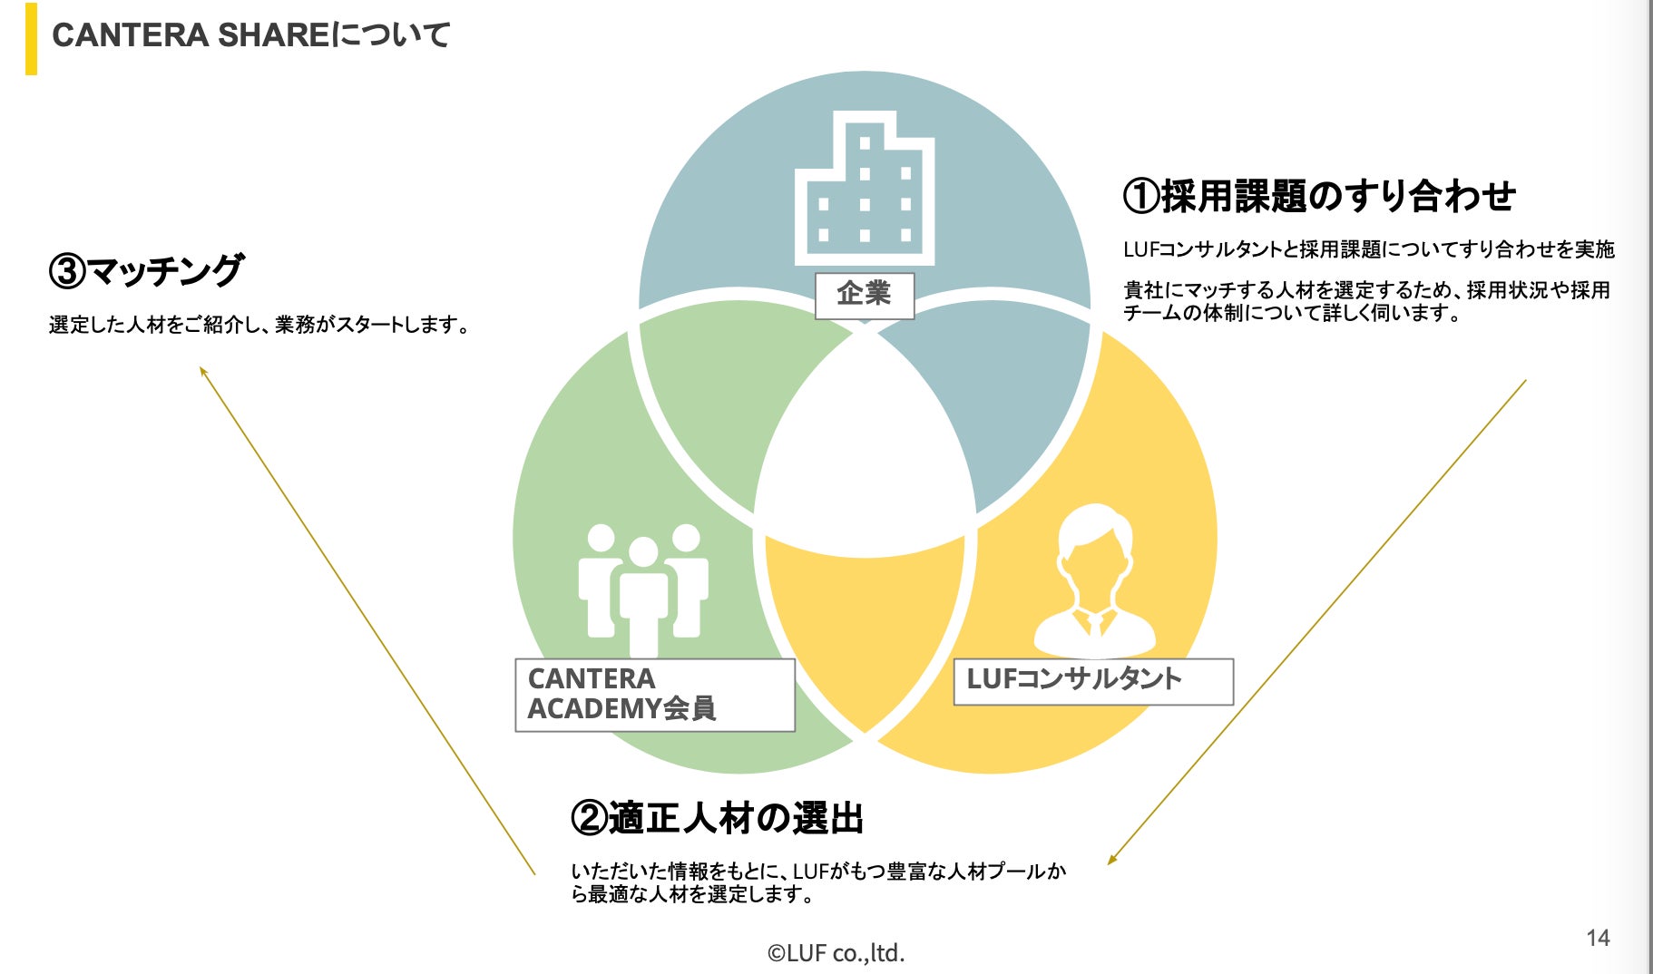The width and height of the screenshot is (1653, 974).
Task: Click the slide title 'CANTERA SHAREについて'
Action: pyautogui.click(x=250, y=35)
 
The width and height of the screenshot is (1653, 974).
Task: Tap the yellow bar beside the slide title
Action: pyautogui.click(x=31, y=39)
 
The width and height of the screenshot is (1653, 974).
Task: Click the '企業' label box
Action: pyautogui.click(x=864, y=295)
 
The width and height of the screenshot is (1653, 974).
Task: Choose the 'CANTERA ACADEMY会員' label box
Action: pyautogui.click(x=654, y=695)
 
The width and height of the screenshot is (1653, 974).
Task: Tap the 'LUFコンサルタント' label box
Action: pyautogui.click(x=1093, y=681)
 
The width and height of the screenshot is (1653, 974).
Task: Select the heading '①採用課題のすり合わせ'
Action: pyautogui.click(x=1319, y=196)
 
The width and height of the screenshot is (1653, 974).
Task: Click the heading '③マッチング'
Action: pyautogui.click(x=146, y=270)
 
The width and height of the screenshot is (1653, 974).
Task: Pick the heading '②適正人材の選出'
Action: pyautogui.click(x=717, y=818)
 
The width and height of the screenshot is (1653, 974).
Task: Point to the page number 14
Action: pyautogui.click(x=1598, y=938)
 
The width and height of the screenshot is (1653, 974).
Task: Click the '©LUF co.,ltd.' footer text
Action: pyautogui.click(x=836, y=953)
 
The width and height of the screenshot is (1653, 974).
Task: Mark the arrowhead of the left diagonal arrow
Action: pyautogui.click(x=202, y=370)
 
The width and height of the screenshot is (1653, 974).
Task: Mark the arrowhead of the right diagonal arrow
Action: pyautogui.click(x=1110, y=861)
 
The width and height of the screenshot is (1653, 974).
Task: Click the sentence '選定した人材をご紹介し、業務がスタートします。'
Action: pyautogui.click(x=259, y=325)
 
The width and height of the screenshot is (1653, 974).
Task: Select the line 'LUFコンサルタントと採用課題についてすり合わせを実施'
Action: pyautogui.click(x=1368, y=249)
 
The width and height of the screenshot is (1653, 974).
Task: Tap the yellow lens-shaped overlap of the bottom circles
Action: pyautogui.click(x=865, y=626)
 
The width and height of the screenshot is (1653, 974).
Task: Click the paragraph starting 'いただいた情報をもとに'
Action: pyautogui.click(x=818, y=882)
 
